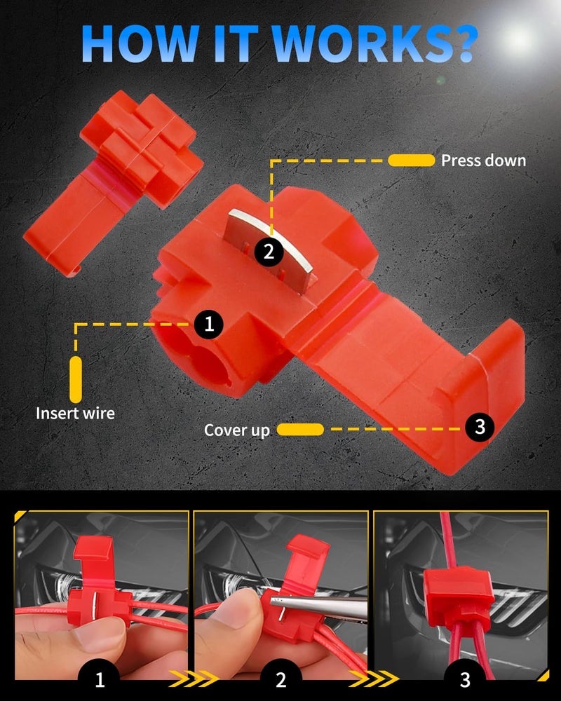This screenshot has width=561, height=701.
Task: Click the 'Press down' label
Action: pyautogui.click(x=483, y=161)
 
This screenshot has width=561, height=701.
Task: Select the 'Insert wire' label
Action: pyautogui.click(x=75, y=413)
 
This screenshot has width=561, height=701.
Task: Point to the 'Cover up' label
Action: pyautogui.click(x=236, y=430)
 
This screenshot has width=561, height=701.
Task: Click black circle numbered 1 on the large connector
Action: pyautogui.click(x=209, y=324)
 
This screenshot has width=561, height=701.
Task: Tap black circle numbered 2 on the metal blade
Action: pyautogui.click(x=269, y=252)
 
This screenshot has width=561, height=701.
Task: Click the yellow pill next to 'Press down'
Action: pyautogui.click(x=411, y=161)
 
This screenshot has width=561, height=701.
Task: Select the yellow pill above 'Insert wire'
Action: pyautogui.click(x=76, y=379)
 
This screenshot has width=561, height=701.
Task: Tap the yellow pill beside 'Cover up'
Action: pyautogui.click(x=300, y=430)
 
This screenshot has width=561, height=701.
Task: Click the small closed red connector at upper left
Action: pyautogui.click(x=113, y=180)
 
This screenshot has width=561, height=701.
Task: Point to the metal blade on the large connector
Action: pyautogui.click(x=271, y=250)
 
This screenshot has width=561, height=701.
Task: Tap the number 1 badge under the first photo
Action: pyautogui.click(x=100, y=679)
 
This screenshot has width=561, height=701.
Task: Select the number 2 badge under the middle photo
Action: pyautogui.click(x=280, y=679)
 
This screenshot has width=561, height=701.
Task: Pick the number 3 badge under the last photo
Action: pyautogui.click(x=465, y=679)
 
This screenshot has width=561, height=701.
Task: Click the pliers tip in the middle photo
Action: pyautogui.click(x=273, y=601)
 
